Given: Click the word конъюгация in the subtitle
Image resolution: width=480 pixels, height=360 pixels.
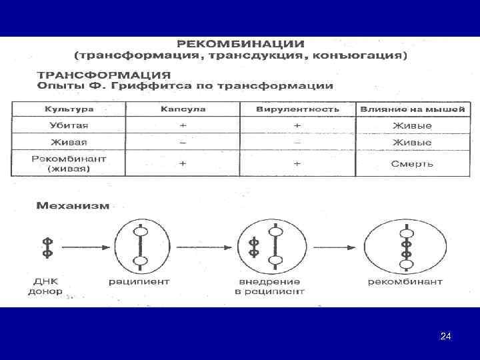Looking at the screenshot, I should (x=370, y=55).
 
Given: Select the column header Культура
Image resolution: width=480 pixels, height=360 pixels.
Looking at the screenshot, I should (x=69, y=109).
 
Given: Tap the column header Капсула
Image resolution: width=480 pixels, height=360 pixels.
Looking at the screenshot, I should (x=183, y=109).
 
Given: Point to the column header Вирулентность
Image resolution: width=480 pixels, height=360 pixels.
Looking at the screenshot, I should (x=297, y=109).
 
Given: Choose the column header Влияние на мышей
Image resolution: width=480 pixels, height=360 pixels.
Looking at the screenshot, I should (x=413, y=109).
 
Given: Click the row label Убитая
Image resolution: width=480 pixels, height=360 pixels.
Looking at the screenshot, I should (x=69, y=125).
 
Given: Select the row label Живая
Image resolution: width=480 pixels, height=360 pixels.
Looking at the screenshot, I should (x=69, y=142).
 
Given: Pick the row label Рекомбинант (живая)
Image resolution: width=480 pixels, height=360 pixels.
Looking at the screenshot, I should (x=69, y=163).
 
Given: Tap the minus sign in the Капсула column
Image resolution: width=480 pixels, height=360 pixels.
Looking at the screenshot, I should (x=183, y=142).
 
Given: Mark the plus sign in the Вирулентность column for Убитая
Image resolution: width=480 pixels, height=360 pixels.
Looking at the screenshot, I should (x=297, y=125).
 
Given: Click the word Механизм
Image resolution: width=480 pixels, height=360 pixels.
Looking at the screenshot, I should (x=73, y=206).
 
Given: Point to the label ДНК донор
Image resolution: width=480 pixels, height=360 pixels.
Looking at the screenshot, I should (x=45, y=286).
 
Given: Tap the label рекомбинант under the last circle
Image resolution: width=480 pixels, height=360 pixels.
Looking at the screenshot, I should (x=405, y=281).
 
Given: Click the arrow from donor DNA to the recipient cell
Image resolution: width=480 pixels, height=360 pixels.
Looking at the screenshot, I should (x=83, y=247).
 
